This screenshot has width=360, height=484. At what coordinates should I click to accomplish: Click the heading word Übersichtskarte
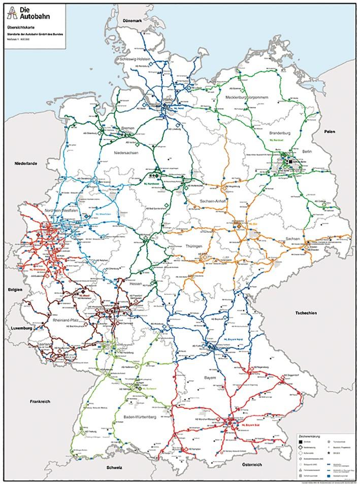coord(23,28)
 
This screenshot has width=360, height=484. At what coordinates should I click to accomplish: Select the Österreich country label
coord(251,465)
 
